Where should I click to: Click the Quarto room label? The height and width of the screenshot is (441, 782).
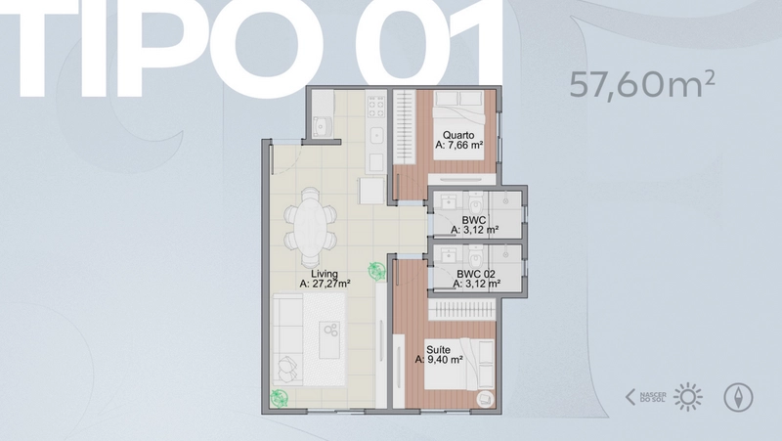click(458, 135)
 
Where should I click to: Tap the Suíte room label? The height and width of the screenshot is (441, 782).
click(438, 350)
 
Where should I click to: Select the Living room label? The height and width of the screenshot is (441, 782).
click(325, 274)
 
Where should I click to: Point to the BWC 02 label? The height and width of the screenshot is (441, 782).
click(476, 274)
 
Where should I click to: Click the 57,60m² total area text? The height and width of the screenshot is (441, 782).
click(642, 85)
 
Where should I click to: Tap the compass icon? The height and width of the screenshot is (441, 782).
click(738, 397)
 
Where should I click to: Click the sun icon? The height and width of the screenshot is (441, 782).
click(688, 397)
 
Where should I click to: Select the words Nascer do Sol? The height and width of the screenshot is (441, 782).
click(653, 398)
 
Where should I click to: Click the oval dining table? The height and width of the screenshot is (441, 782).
click(311, 228)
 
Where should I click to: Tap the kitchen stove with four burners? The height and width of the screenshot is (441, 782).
click(376, 107)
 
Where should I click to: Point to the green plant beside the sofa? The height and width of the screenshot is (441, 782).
click(279, 398)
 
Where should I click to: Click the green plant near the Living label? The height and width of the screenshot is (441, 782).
click(377, 272)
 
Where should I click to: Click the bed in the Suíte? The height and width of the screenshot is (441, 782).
click(459, 364)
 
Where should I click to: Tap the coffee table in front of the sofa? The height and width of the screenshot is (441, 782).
click(329, 339)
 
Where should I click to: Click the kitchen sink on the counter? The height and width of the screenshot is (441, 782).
click(376, 134)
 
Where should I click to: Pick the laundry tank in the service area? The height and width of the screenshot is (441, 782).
click(323, 126)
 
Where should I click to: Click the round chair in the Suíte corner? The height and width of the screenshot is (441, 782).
click(485, 399)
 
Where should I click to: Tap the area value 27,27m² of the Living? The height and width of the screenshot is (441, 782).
click(325, 284)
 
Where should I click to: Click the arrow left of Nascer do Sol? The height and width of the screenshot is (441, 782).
click(630, 397)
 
